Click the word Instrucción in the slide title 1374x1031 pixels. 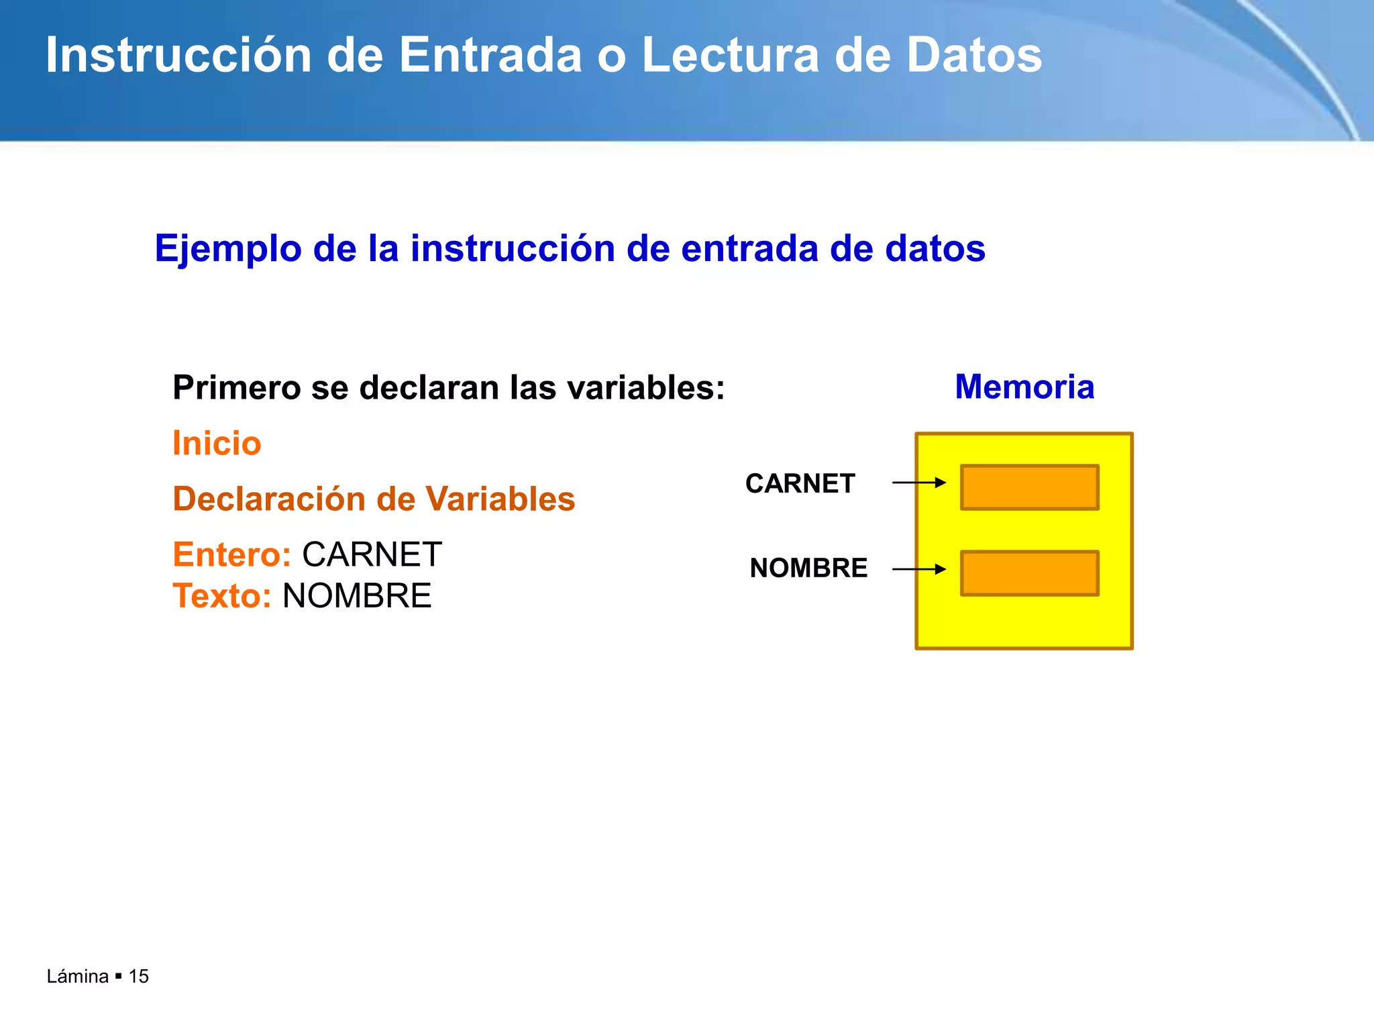[178, 55]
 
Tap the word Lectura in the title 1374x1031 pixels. [730, 55]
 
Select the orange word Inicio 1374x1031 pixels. [217, 444]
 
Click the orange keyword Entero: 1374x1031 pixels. [232, 555]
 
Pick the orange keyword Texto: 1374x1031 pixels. [222, 596]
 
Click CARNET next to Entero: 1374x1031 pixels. [372, 555]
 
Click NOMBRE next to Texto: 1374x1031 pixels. [357, 596]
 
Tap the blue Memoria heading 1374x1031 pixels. [1024, 387]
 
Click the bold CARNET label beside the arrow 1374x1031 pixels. [800, 483]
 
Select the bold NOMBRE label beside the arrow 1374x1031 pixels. [808, 569]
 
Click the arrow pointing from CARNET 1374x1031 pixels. [918, 483]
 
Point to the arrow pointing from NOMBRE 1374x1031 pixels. [918, 569]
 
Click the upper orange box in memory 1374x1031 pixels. [1029, 487]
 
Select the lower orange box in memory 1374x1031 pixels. [1029, 573]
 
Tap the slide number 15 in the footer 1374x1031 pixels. [139, 977]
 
